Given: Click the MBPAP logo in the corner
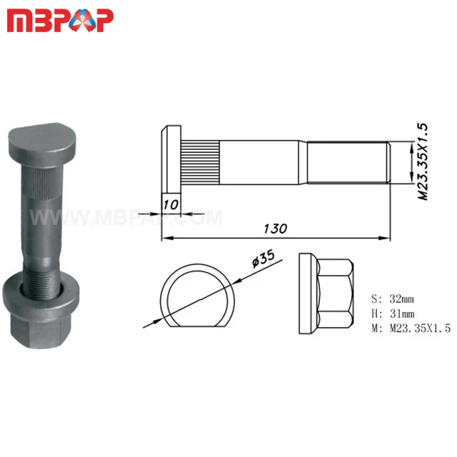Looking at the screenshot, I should pos(60,21).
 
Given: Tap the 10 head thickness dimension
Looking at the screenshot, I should pos(170,204).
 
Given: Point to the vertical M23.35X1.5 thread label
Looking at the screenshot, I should pos(422,161).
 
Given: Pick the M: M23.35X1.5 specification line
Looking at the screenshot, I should pos(411,328).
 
